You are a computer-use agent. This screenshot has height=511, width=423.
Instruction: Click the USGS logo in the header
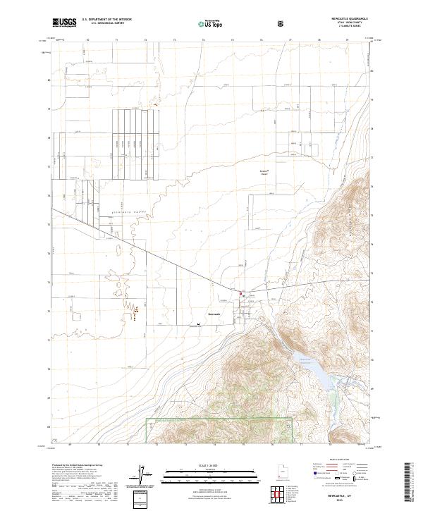64,23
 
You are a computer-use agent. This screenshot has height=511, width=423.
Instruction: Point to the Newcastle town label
214,314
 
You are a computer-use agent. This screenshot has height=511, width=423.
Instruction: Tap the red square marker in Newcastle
240,294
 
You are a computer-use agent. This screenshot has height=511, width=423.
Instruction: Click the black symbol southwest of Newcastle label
199,325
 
